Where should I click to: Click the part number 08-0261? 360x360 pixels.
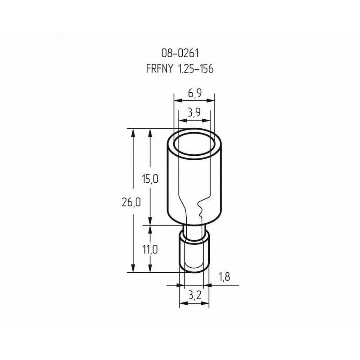pos(180,53)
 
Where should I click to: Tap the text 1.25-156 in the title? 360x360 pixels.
pos(196,69)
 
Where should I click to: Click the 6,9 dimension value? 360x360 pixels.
pos(195,93)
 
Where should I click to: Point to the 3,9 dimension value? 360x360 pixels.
pos(194,112)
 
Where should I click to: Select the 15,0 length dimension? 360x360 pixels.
pos(150,179)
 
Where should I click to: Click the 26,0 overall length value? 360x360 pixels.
pos(131,202)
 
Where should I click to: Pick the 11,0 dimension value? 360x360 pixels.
pos(150,249)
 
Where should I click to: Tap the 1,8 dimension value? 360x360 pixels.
pos(224,277)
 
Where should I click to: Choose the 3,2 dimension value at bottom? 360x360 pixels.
pos(195,296)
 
